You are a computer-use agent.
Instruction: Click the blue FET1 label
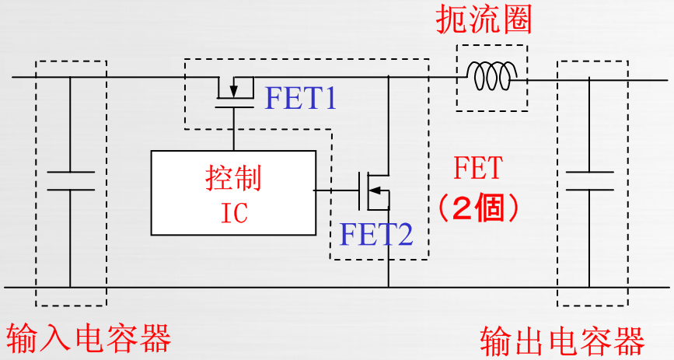[x=300, y=98]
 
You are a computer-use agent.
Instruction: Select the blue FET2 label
[x=376, y=234]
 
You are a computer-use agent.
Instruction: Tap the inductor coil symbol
[x=492, y=75]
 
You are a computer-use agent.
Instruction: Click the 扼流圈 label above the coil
[x=484, y=19]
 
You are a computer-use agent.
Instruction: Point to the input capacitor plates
[x=71, y=180]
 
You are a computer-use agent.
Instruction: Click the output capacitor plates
[x=589, y=180]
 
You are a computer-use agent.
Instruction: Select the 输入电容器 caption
[x=89, y=338]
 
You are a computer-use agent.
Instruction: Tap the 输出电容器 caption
[x=562, y=341]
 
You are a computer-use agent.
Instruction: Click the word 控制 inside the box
[x=233, y=178]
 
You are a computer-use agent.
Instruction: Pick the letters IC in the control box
[x=234, y=212]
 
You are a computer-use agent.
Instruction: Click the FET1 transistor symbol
[x=234, y=92]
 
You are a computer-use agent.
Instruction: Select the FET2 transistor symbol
[x=373, y=191]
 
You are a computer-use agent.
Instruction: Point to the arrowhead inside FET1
[x=233, y=91]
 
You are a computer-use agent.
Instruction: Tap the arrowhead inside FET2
[x=375, y=190]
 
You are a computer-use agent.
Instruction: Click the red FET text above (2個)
[x=478, y=168]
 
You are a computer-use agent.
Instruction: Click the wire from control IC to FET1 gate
[x=234, y=129]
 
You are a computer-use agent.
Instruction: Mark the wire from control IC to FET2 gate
[x=336, y=190]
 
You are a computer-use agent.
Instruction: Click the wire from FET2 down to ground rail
[x=389, y=249]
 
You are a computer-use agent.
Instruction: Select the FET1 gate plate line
[x=234, y=107]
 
